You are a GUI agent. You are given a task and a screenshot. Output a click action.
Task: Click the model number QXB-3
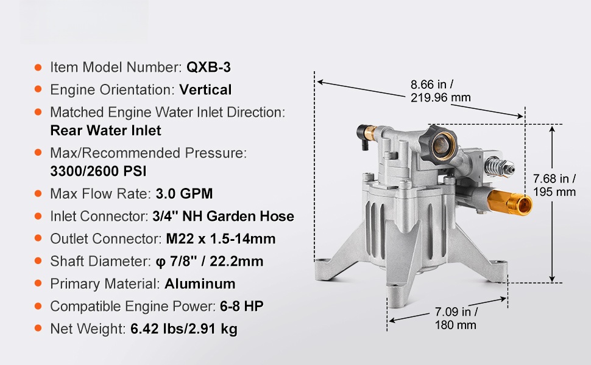(x=208, y=68)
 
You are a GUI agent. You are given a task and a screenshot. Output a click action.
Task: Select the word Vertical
(x=205, y=90)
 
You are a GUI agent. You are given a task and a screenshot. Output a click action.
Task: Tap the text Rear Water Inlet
(x=105, y=131)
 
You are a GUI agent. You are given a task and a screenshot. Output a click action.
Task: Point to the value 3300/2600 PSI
(x=98, y=171)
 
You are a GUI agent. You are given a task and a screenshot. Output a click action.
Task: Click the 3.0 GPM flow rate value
(x=184, y=194)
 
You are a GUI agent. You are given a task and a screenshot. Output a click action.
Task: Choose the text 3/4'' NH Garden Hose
(x=223, y=217)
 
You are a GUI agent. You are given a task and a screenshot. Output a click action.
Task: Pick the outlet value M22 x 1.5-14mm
(x=221, y=239)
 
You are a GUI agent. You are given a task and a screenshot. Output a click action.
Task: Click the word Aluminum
(x=200, y=283)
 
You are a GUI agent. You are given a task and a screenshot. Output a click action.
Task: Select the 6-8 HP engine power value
(x=242, y=307)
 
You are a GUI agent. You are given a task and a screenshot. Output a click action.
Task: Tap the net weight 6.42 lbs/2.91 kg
(x=184, y=329)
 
